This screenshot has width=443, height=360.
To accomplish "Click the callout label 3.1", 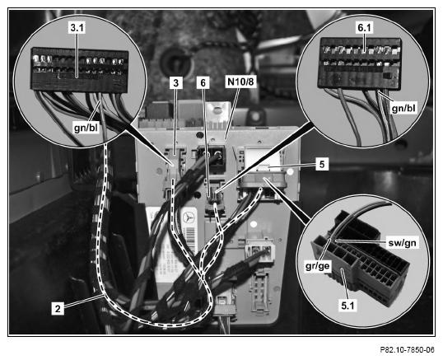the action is click(77, 28).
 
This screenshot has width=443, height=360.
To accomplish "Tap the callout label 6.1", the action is click(365, 28).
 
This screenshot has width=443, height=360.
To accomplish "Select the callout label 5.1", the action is click(347, 306).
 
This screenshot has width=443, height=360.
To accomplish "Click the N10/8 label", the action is click(240, 82).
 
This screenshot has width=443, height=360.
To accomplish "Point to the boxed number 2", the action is click(58, 308).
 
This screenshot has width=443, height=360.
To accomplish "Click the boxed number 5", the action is click(322, 164).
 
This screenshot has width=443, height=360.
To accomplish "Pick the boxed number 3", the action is click(176, 83).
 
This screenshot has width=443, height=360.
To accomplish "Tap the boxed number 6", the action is click(203, 83).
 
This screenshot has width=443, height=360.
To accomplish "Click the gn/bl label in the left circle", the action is click(86, 128).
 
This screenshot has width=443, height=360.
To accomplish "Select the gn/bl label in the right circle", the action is click(404, 109).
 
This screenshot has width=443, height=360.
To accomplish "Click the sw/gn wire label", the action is click(402, 243).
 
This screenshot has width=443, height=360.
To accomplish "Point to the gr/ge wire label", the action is click(317, 266).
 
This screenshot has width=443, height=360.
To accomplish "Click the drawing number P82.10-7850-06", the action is click(407, 350).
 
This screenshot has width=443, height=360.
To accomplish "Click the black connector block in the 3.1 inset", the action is click(79, 70).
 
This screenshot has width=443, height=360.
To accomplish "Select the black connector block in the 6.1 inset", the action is click(360, 63).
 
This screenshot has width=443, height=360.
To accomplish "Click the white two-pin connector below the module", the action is click(260, 250).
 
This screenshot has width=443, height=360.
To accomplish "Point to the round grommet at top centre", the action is click(175, 61).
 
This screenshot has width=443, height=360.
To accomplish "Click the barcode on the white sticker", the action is click(191, 239).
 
